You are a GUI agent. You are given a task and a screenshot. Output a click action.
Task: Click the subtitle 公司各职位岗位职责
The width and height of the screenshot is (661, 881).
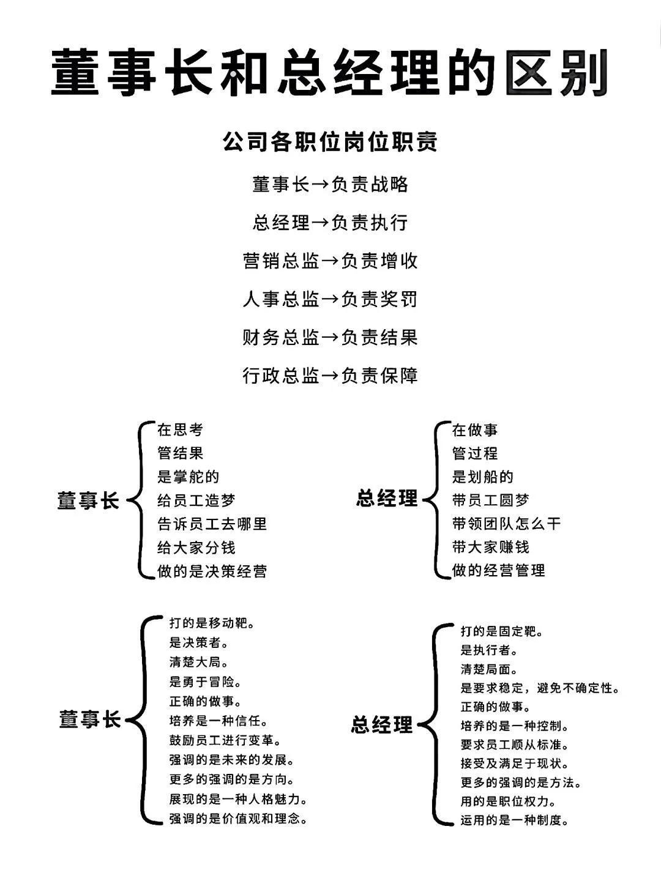(x=330, y=141)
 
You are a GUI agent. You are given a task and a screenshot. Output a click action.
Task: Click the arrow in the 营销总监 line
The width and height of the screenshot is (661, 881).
(x=330, y=261)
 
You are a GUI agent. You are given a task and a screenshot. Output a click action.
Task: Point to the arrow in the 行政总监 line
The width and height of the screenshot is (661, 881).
(x=330, y=376)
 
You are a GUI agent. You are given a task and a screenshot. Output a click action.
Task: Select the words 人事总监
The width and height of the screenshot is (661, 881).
(x=281, y=299)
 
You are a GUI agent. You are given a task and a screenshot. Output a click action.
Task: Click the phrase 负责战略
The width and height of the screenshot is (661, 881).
(x=369, y=184)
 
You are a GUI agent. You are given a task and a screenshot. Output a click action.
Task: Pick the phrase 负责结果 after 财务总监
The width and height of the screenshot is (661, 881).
(x=379, y=337)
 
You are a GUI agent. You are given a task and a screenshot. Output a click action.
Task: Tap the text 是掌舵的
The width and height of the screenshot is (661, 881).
(x=189, y=477)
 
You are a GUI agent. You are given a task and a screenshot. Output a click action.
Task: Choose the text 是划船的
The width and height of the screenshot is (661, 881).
(x=483, y=477)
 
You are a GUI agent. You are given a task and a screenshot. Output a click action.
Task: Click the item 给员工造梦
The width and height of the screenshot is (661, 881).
(x=196, y=500)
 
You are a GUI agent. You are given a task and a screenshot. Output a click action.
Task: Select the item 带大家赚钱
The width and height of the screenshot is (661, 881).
(x=491, y=547)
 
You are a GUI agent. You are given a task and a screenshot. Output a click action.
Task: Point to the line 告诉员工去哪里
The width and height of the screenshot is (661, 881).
(x=212, y=524)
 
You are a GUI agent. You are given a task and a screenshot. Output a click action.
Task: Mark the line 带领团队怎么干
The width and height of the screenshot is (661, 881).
(x=507, y=523)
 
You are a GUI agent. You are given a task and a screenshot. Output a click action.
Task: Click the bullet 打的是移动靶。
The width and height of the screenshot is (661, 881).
(x=212, y=623)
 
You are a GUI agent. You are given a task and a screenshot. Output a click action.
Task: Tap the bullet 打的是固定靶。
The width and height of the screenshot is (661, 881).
(x=502, y=631)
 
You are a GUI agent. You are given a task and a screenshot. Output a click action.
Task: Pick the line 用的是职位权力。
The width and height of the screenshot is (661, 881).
(x=509, y=801)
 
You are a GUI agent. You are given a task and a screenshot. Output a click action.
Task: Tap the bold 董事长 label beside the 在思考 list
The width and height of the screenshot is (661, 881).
(x=88, y=500)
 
